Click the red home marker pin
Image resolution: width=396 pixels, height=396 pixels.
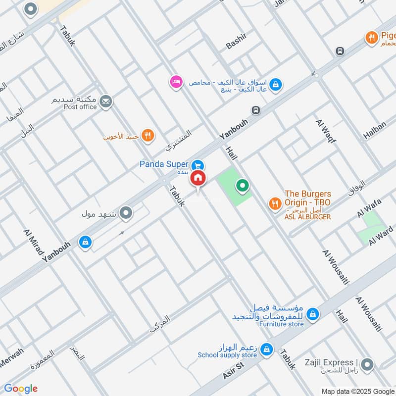tap(198, 178)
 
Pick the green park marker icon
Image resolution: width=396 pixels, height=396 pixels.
tap(242, 186)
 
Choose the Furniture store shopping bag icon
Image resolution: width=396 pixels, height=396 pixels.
tap(312, 314)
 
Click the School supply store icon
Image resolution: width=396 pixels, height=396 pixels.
tap(267, 349)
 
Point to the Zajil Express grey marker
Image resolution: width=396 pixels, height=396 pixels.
tap(367, 365)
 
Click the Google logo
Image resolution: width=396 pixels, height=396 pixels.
tap(21, 389)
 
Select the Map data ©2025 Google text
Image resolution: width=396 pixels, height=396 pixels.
tap(357, 391)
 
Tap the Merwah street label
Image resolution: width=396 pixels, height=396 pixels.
tap(11, 358)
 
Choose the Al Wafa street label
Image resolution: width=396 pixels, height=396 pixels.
tap(367, 207)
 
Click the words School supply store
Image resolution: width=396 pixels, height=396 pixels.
tap(227, 355)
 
